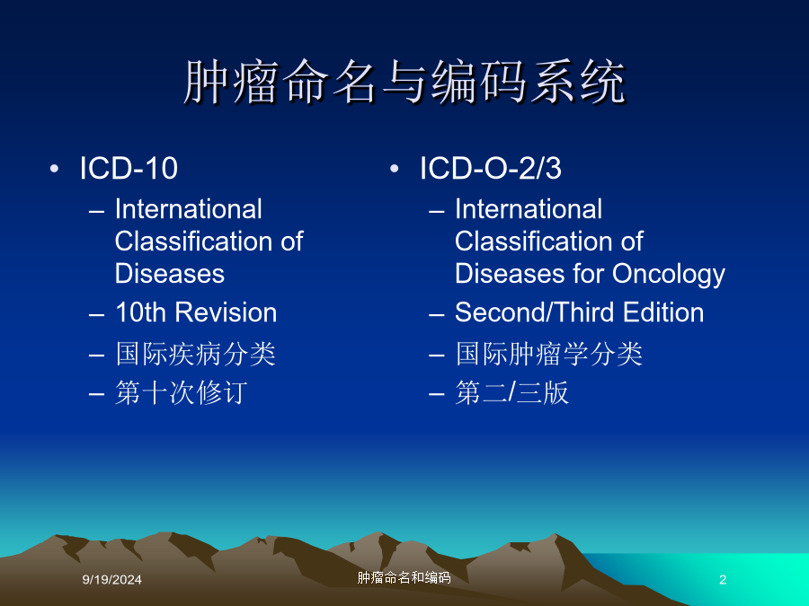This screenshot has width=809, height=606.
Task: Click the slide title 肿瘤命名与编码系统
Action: tap(404, 82)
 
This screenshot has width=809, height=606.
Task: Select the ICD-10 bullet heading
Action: tap(129, 168)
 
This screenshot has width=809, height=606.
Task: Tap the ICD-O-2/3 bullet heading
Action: tap(490, 168)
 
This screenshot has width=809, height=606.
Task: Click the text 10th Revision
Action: tap(196, 312)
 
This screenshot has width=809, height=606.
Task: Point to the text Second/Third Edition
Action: tap(580, 312)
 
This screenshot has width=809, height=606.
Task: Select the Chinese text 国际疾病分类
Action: tap(196, 354)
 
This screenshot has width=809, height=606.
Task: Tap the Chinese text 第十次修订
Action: tap(181, 392)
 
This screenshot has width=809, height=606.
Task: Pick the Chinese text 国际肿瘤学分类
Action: tap(548, 354)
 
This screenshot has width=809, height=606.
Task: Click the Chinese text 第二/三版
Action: tap(511, 392)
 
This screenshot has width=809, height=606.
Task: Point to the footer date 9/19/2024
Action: tap(112, 580)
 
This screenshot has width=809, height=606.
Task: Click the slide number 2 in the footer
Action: tap(723, 580)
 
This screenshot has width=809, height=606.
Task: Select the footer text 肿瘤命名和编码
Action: tap(404, 577)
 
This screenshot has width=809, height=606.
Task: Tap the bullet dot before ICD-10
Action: tap(54, 169)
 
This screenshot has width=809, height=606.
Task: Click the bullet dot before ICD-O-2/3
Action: tap(395, 169)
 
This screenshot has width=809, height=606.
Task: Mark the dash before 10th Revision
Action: tap(96, 315)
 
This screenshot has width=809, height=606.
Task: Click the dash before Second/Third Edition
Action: tap(437, 315)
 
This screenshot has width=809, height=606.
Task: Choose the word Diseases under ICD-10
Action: tap(170, 274)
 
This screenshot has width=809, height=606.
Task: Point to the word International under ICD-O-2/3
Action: tap(529, 209)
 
